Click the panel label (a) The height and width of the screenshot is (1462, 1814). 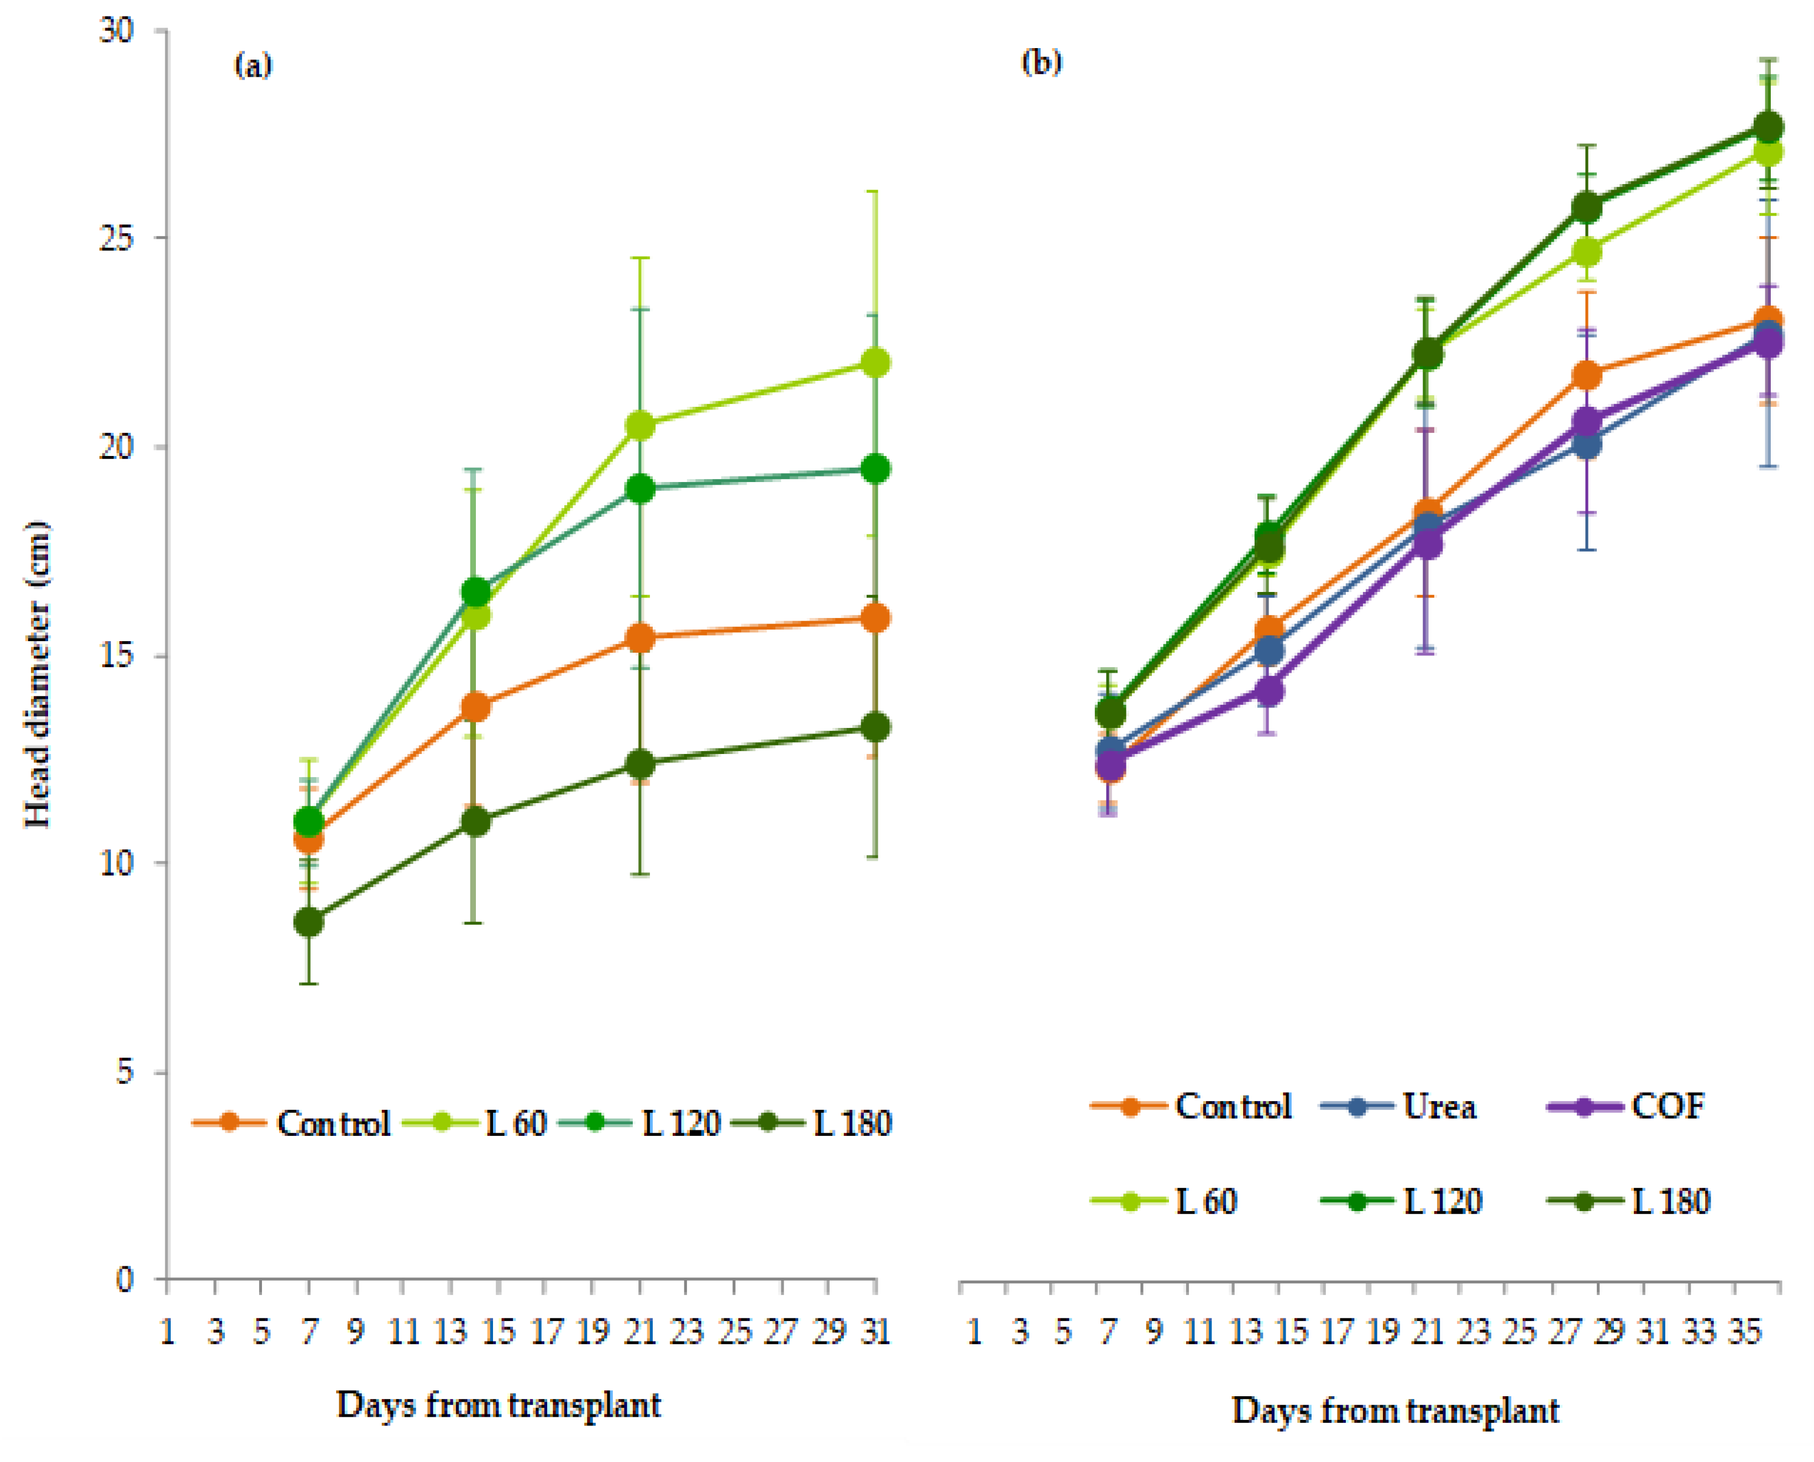pos(253,65)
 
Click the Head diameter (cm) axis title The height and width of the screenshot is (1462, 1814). pos(38,674)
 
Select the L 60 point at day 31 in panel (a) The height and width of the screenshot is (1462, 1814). pos(876,363)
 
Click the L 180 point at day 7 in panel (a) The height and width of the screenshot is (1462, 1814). pos(309,921)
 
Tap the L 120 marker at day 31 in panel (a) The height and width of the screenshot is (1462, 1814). pos(876,469)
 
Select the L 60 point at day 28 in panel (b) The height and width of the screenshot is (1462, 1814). pos(1587,251)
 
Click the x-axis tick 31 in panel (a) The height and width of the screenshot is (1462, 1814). pos(876,1332)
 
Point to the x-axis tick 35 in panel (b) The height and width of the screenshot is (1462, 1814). pos(1743,1332)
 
